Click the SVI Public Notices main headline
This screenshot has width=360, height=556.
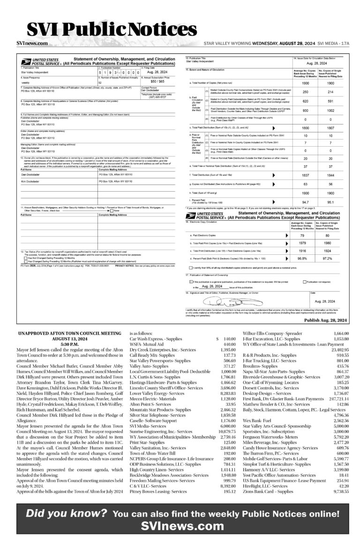click(111, 30)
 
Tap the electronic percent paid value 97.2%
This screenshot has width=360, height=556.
click(333, 258)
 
